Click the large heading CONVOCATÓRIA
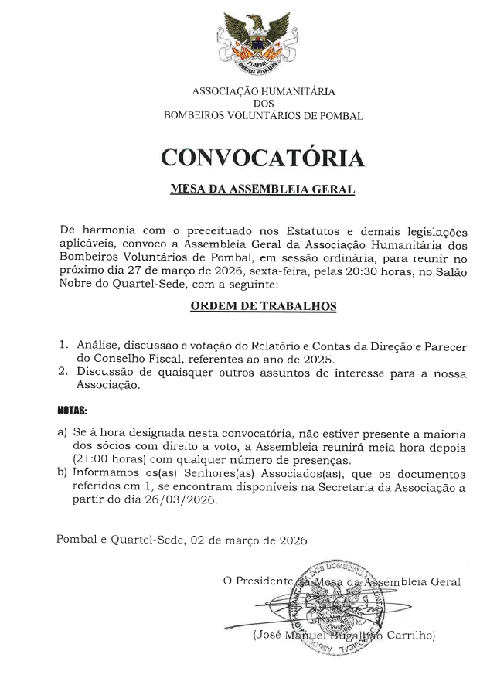[262, 158]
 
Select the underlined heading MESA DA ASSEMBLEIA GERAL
[262, 189]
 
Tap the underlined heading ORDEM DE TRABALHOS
[263, 306]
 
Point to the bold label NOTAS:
[73, 408]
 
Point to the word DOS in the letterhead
[263, 104]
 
